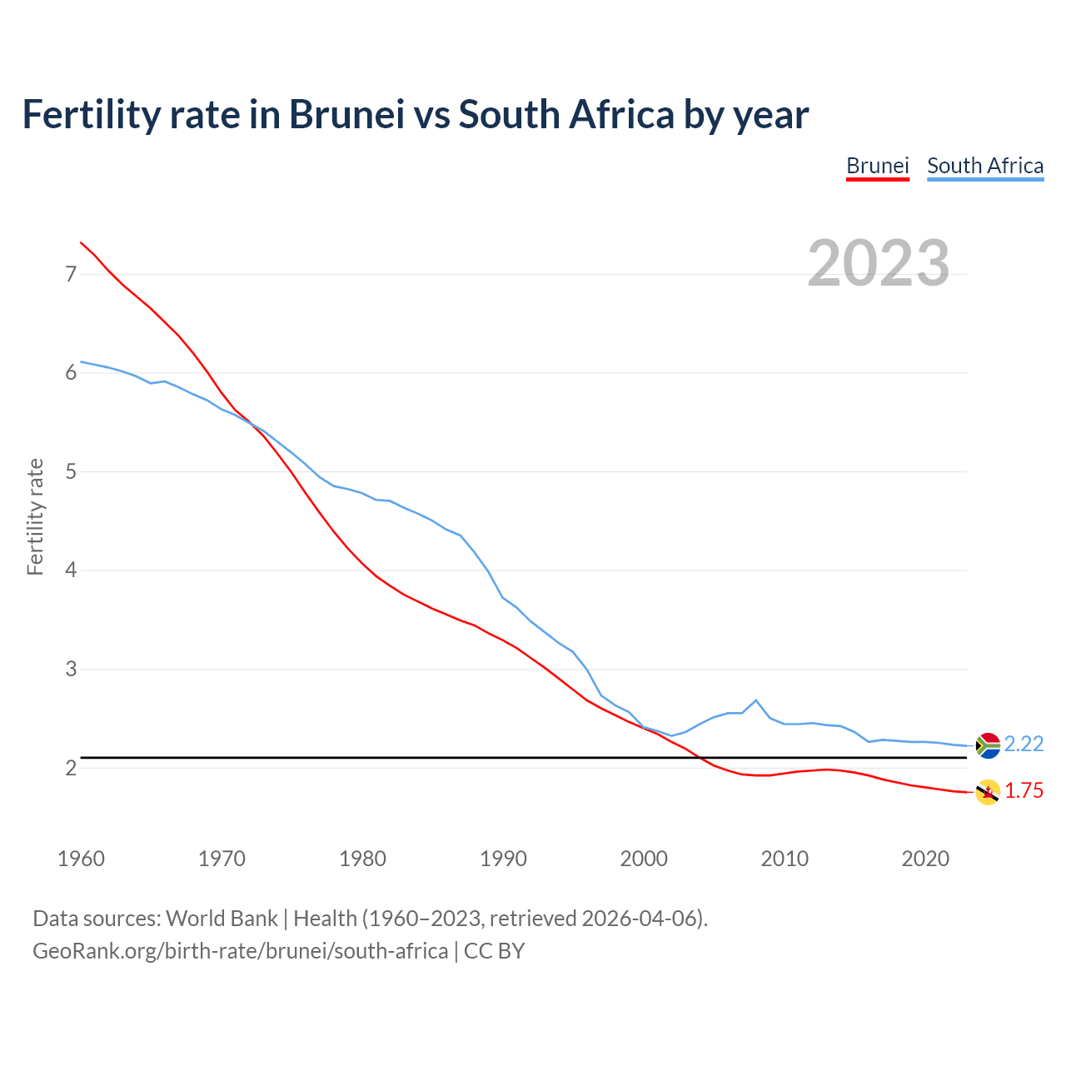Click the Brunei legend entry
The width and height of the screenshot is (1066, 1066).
[877, 166]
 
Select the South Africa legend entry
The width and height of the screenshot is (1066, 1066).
[984, 166]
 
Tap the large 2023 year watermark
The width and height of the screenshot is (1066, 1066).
[879, 263]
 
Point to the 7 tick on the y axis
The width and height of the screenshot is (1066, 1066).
[71, 274]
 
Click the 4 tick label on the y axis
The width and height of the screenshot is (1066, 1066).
[71, 570]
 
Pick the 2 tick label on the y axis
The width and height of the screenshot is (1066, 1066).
[71, 768]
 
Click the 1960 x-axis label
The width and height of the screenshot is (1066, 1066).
[81, 859]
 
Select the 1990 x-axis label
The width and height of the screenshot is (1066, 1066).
[503, 859]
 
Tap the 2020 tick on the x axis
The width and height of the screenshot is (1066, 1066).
[925, 859]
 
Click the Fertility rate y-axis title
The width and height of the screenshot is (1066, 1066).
[35, 516]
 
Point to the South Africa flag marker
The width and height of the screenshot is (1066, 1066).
[987, 745]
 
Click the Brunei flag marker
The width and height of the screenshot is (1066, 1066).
[987, 792]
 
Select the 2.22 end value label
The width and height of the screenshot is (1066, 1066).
[1024, 744]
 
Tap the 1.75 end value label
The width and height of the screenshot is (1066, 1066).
[1024, 791]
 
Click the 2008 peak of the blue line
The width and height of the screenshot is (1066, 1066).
[755, 700]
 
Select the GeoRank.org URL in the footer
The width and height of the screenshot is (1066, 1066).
[240, 950]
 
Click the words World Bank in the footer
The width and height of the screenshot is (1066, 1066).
[222, 919]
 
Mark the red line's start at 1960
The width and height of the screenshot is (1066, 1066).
[81, 242]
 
